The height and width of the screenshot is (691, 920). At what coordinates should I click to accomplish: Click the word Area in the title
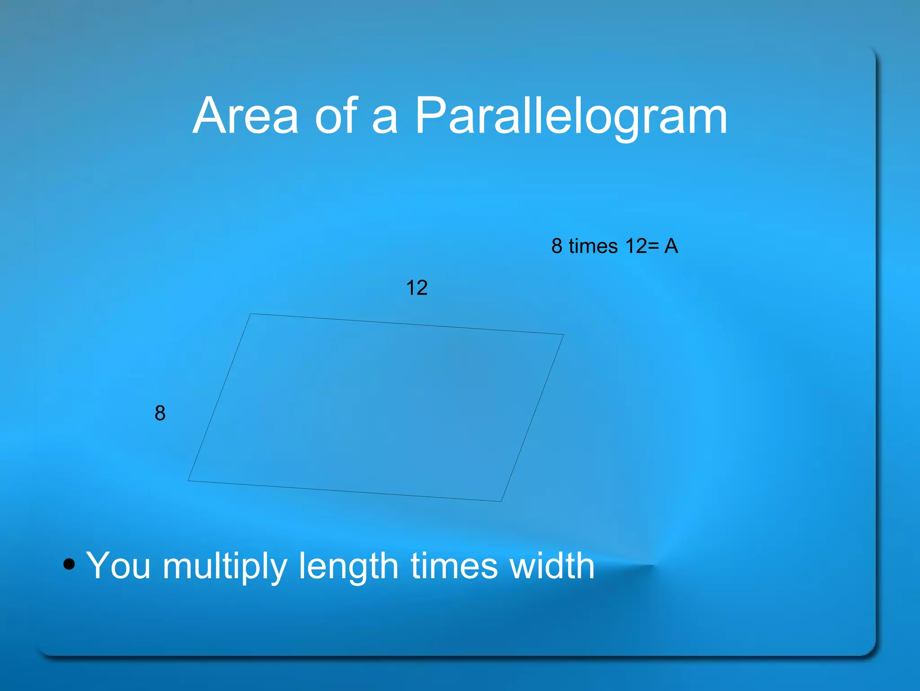pos(245,116)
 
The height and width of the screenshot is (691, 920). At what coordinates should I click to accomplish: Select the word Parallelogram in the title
pos(571,117)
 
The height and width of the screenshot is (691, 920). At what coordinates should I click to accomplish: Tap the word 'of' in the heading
pos(336,116)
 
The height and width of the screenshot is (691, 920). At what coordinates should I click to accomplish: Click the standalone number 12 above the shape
pos(416,288)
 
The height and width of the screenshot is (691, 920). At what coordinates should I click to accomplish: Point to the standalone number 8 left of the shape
pos(160,413)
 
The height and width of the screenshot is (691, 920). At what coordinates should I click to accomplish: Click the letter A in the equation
pos(671,246)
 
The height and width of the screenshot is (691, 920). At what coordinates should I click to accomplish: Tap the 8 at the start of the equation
pos(557,246)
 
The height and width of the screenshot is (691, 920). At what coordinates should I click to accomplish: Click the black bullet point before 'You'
pos(69,564)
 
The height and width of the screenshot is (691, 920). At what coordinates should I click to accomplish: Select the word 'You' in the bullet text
pos(118,566)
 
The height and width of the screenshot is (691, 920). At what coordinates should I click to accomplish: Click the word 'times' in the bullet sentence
pos(454,566)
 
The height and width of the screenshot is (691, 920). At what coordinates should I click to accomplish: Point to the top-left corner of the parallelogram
pos(251,314)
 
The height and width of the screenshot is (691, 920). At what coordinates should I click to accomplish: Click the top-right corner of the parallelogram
pos(563,334)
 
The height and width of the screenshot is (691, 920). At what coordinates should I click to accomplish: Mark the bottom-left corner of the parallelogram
pos(188,481)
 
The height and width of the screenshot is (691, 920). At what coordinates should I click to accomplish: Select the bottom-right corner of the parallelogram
pos(501,501)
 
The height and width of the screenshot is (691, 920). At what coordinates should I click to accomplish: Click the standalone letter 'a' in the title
pos(385,121)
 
